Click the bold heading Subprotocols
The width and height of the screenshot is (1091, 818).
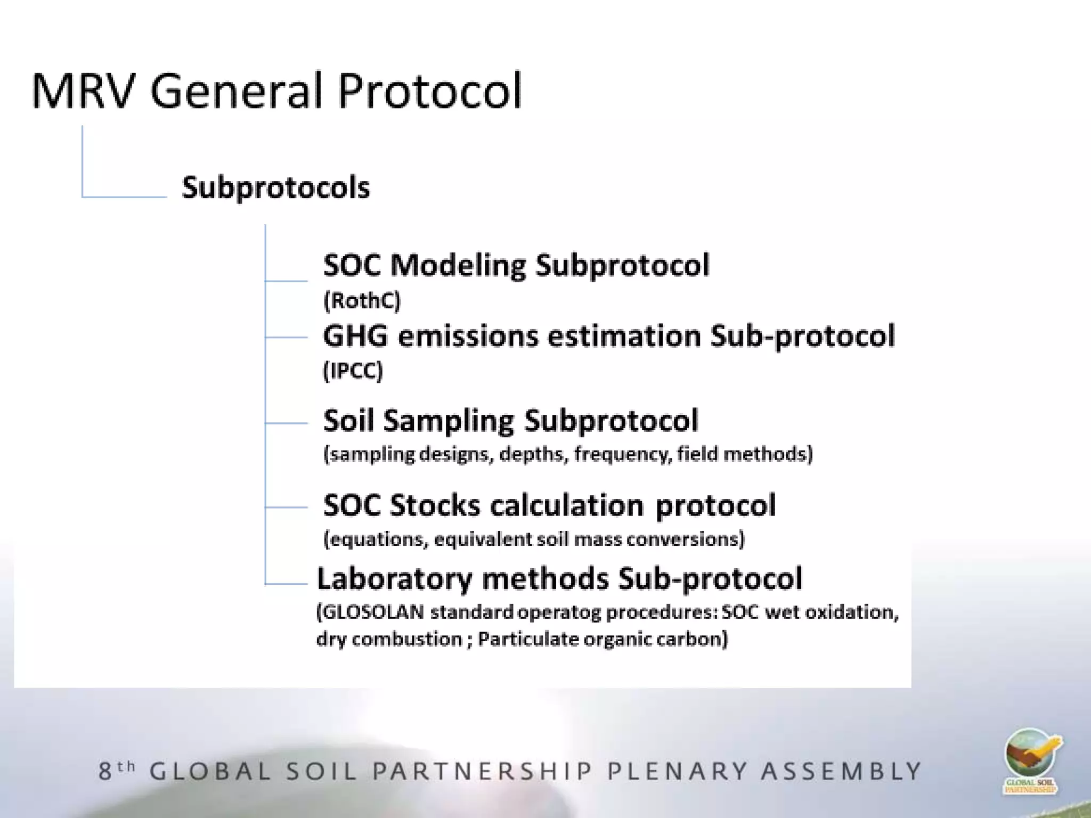[275, 188]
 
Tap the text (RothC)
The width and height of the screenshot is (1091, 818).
[362, 301]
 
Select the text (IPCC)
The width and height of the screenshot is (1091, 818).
[353, 371]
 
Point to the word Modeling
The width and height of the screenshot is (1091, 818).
[458, 266]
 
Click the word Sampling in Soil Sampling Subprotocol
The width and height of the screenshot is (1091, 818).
[448, 421]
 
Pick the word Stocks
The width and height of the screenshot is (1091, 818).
[434, 505]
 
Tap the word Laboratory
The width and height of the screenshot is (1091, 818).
[394, 579]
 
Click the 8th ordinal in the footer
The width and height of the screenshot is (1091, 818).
[117, 771]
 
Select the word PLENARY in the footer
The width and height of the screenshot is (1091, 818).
[677, 771]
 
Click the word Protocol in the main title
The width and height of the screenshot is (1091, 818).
[429, 91]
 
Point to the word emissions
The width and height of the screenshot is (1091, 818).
[468, 337]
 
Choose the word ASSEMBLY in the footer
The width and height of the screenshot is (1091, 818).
[841, 771]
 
